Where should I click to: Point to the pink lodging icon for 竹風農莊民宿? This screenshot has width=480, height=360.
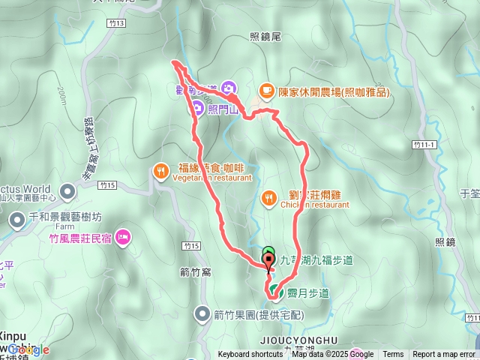click(x=124, y=238)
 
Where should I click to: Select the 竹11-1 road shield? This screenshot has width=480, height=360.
click(x=424, y=143)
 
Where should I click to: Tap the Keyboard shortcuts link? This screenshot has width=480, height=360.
click(x=250, y=355)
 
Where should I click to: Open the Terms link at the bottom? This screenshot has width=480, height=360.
click(x=393, y=355)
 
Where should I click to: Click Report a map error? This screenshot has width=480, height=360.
click(x=444, y=355)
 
